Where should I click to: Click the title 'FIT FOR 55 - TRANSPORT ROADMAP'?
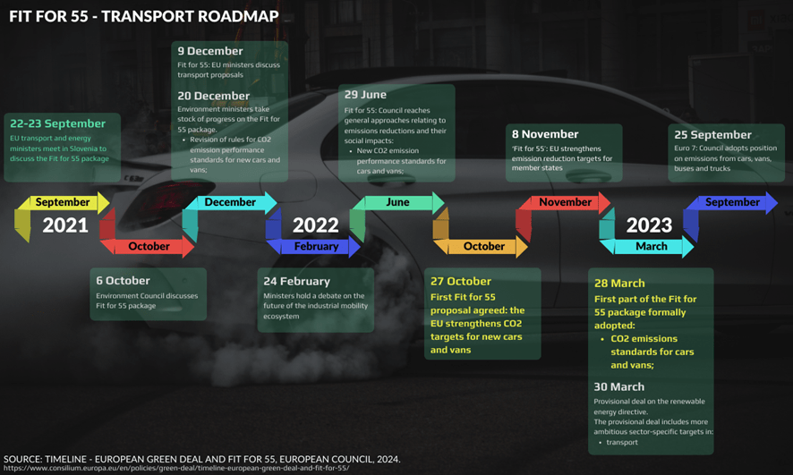[x=144, y=16]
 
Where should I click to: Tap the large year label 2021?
[x=65, y=225]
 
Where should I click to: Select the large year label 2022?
[x=315, y=225]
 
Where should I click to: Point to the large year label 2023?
[x=649, y=225]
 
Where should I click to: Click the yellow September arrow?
[x=63, y=203]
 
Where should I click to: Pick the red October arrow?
[x=149, y=247]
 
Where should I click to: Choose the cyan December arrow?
[x=230, y=203]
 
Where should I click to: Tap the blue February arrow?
[x=316, y=247]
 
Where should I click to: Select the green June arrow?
[x=397, y=203]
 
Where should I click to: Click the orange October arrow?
[x=484, y=247]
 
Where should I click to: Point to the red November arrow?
[x=565, y=203]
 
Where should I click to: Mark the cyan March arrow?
[x=651, y=247]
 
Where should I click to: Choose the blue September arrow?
[x=731, y=203]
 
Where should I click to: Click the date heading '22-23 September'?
[x=57, y=123]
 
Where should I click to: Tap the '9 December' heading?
[x=210, y=51]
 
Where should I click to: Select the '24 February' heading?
[x=296, y=281]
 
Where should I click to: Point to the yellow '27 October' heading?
[x=461, y=281]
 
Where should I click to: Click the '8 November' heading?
[x=545, y=134]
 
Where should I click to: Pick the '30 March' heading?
[x=619, y=386]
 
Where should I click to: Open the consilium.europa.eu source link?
[x=176, y=468]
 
